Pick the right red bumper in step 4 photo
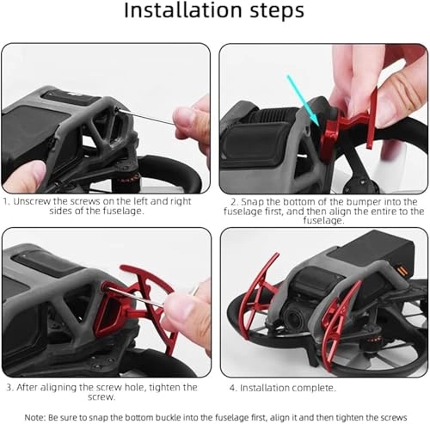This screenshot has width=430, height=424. coord(343,318)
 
